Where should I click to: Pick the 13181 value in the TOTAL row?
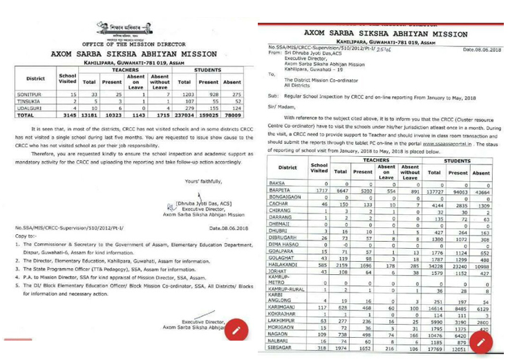coord(89,116)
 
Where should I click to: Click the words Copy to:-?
coord(26,236)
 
